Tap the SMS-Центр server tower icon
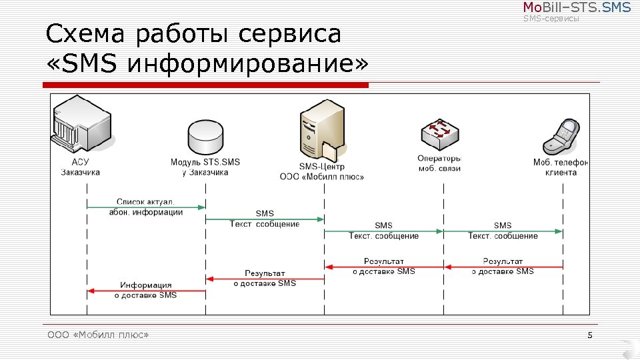(x=323, y=130)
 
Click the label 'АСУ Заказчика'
(x=80, y=167)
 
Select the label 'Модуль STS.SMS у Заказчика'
(x=205, y=167)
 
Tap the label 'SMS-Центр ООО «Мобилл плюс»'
(x=322, y=172)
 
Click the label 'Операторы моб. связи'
(x=440, y=163)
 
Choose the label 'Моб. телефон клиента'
(x=561, y=167)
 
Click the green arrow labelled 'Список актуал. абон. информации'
(x=146, y=207)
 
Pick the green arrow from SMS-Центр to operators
(x=383, y=231)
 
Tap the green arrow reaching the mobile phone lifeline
(x=503, y=231)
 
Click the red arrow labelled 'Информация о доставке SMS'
(x=146, y=291)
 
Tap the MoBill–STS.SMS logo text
(x=576, y=8)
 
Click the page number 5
(x=590, y=335)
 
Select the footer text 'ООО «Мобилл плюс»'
(x=98, y=335)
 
